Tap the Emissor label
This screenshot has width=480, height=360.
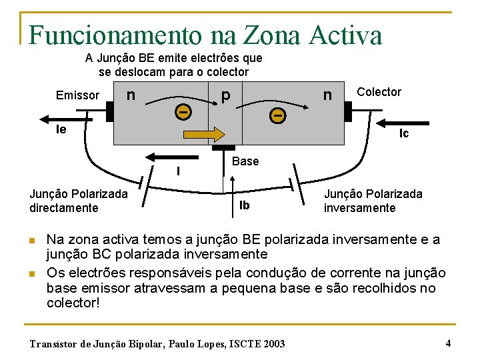coord(77,95)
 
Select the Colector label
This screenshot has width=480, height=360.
coord(379,92)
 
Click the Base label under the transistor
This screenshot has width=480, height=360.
coord(245,161)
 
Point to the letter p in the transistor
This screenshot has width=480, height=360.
coord(226,95)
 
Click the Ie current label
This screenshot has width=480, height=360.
coord(61,129)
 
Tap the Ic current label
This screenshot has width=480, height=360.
coord(404,133)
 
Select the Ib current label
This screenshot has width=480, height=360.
coord(245,205)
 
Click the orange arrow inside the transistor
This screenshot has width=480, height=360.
coord(205,134)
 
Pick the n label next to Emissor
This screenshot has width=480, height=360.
coord(131,95)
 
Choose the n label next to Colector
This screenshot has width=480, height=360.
coord(327,95)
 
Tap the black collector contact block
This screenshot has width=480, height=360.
coord(347,111)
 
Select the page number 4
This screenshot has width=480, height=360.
coord(448,343)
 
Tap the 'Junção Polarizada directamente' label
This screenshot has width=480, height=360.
coord(79,201)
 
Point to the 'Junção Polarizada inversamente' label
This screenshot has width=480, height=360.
coord(373,201)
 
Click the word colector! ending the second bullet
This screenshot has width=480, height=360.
coord(73,302)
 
